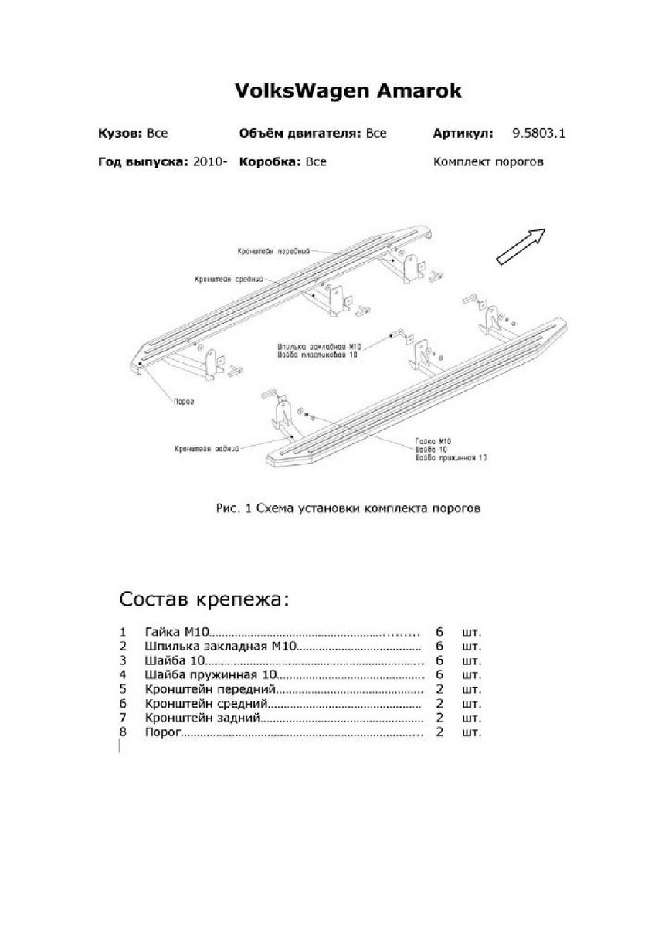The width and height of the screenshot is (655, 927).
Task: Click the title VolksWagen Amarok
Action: pyautogui.click(x=348, y=91)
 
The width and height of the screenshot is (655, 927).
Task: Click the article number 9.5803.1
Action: pyautogui.click(x=539, y=133)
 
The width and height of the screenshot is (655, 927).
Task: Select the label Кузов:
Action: pyautogui.click(x=120, y=133)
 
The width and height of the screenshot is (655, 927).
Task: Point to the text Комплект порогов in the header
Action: pyautogui.click(x=488, y=162)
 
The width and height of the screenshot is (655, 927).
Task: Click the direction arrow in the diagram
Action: pyautogui.click(x=520, y=246)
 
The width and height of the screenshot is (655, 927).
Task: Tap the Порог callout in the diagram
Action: pyautogui.click(x=183, y=402)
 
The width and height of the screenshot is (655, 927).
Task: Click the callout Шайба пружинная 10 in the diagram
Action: pyautogui.click(x=451, y=458)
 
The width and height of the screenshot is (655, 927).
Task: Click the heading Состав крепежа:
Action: pyautogui.click(x=206, y=600)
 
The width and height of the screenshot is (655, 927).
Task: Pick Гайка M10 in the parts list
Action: pyautogui.click(x=177, y=632)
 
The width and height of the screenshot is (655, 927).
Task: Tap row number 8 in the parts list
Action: pyautogui.click(x=123, y=732)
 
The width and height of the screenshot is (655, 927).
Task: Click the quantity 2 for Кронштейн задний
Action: pyautogui.click(x=439, y=718)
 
